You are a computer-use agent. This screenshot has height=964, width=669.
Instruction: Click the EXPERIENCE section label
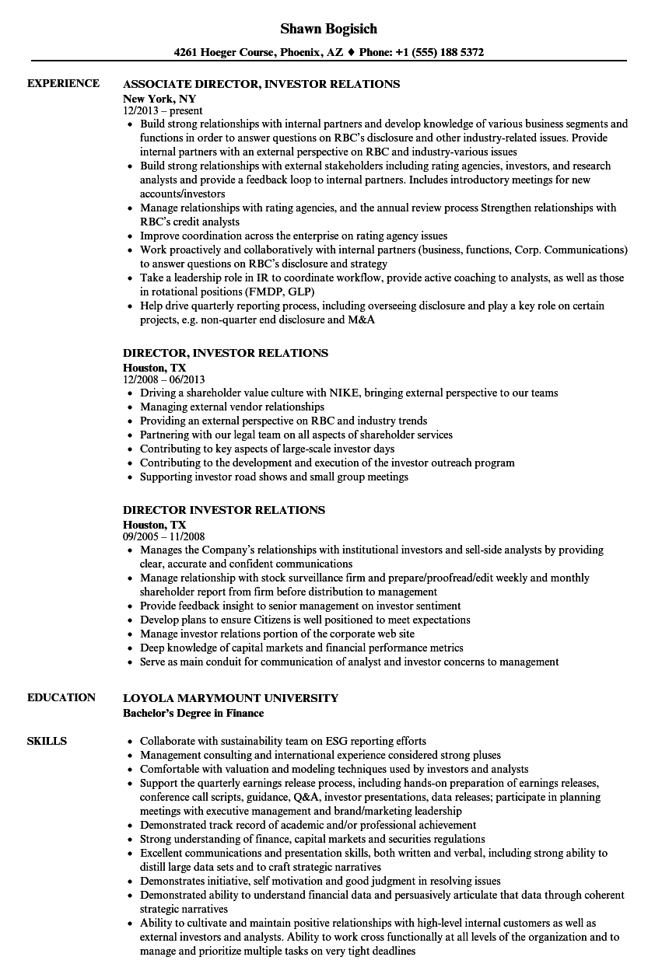63,83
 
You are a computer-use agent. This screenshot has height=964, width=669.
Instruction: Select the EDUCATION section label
61,697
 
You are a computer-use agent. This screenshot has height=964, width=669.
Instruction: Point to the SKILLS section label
47,741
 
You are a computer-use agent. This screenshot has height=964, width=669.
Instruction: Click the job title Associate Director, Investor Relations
261,84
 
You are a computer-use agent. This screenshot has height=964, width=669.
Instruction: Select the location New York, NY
159,99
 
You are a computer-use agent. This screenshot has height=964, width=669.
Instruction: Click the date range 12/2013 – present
163,111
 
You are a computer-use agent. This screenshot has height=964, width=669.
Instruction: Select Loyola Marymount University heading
230,698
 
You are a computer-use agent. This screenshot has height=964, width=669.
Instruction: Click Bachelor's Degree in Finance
194,713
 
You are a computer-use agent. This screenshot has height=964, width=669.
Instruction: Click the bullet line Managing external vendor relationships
232,407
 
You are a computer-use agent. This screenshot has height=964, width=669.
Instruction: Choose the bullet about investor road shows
274,477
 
